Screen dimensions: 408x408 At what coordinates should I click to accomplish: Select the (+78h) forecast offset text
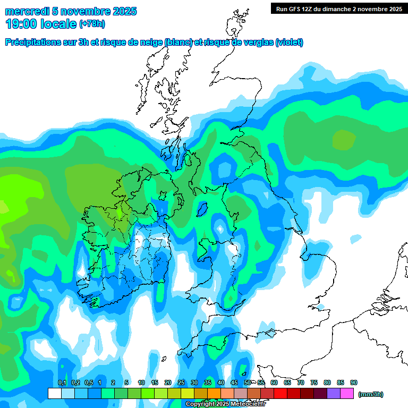coord(92,24)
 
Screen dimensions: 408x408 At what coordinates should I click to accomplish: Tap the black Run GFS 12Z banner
coord(338,8)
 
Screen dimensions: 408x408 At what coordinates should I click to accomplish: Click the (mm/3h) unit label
coord(371,394)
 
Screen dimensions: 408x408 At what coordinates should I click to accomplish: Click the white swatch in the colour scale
coord(54,394)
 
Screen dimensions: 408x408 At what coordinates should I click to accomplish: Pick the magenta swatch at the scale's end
coord(347,394)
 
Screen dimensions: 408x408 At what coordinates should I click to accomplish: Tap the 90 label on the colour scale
coord(354,382)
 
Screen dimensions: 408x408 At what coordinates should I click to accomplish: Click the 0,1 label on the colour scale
coord(62,382)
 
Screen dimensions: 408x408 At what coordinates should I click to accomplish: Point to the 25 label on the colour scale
coord(181,382)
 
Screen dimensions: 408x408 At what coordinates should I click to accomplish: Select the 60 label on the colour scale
coord(274,382)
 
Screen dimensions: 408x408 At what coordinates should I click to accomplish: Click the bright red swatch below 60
coord(280,394)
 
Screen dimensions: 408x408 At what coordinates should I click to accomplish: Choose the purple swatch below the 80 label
coord(334,394)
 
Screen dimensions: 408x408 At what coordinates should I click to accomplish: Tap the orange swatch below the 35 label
coord(214,394)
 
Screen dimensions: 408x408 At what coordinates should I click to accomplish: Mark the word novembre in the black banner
coord(375,8)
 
